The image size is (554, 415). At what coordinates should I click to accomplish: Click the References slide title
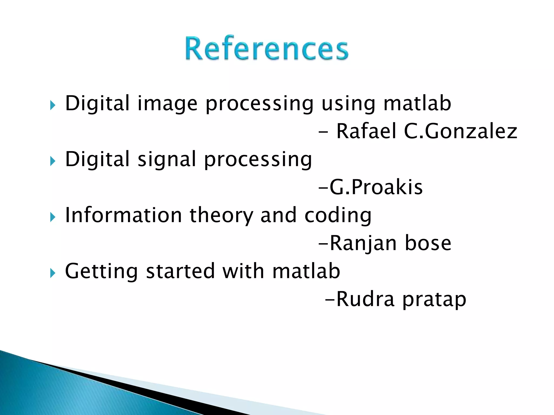pos(267,49)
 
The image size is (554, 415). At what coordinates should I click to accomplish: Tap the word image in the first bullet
pos(167,104)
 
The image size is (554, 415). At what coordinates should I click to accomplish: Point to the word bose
pos(428,243)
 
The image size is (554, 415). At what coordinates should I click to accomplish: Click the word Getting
pos(101,272)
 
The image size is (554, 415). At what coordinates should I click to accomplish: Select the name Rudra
pos(365,299)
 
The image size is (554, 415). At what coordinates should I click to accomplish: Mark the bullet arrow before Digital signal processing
pos(52,162)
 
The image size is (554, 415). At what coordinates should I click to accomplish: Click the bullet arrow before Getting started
pos(52,273)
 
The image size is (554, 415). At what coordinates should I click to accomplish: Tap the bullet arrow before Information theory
pos(52,217)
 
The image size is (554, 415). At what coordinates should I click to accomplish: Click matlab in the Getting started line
pos(306,271)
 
